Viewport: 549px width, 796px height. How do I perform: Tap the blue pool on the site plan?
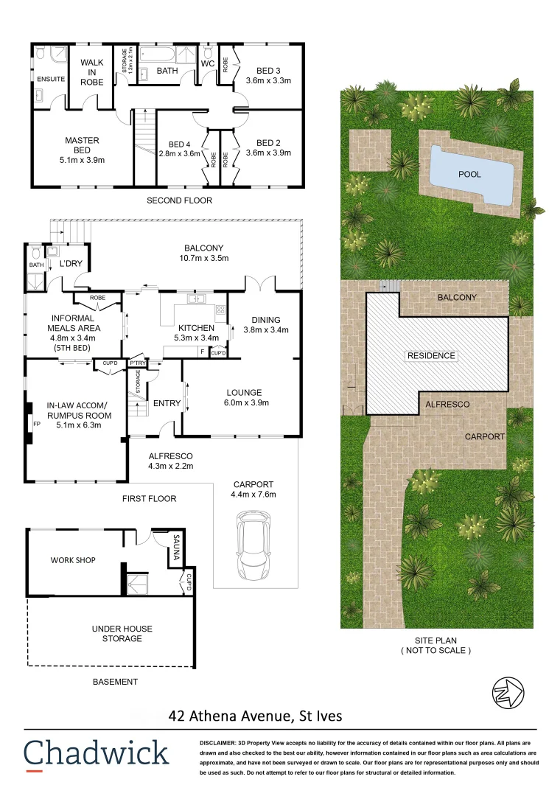[471, 175]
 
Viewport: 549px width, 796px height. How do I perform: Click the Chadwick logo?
[96, 753]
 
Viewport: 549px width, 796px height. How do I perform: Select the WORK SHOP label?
[73, 560]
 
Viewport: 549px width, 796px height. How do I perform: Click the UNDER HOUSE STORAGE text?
[122, 633]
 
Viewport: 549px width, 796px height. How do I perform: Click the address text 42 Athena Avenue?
[255, 715]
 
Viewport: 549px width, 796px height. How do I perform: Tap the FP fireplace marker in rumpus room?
[36, 425]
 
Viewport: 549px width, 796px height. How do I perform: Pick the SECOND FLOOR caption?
[179, 200]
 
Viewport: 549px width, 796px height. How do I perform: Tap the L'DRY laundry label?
[71, 264]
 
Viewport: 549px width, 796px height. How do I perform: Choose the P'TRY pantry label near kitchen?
[137, 363]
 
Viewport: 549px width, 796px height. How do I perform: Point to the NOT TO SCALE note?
[435, 651]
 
